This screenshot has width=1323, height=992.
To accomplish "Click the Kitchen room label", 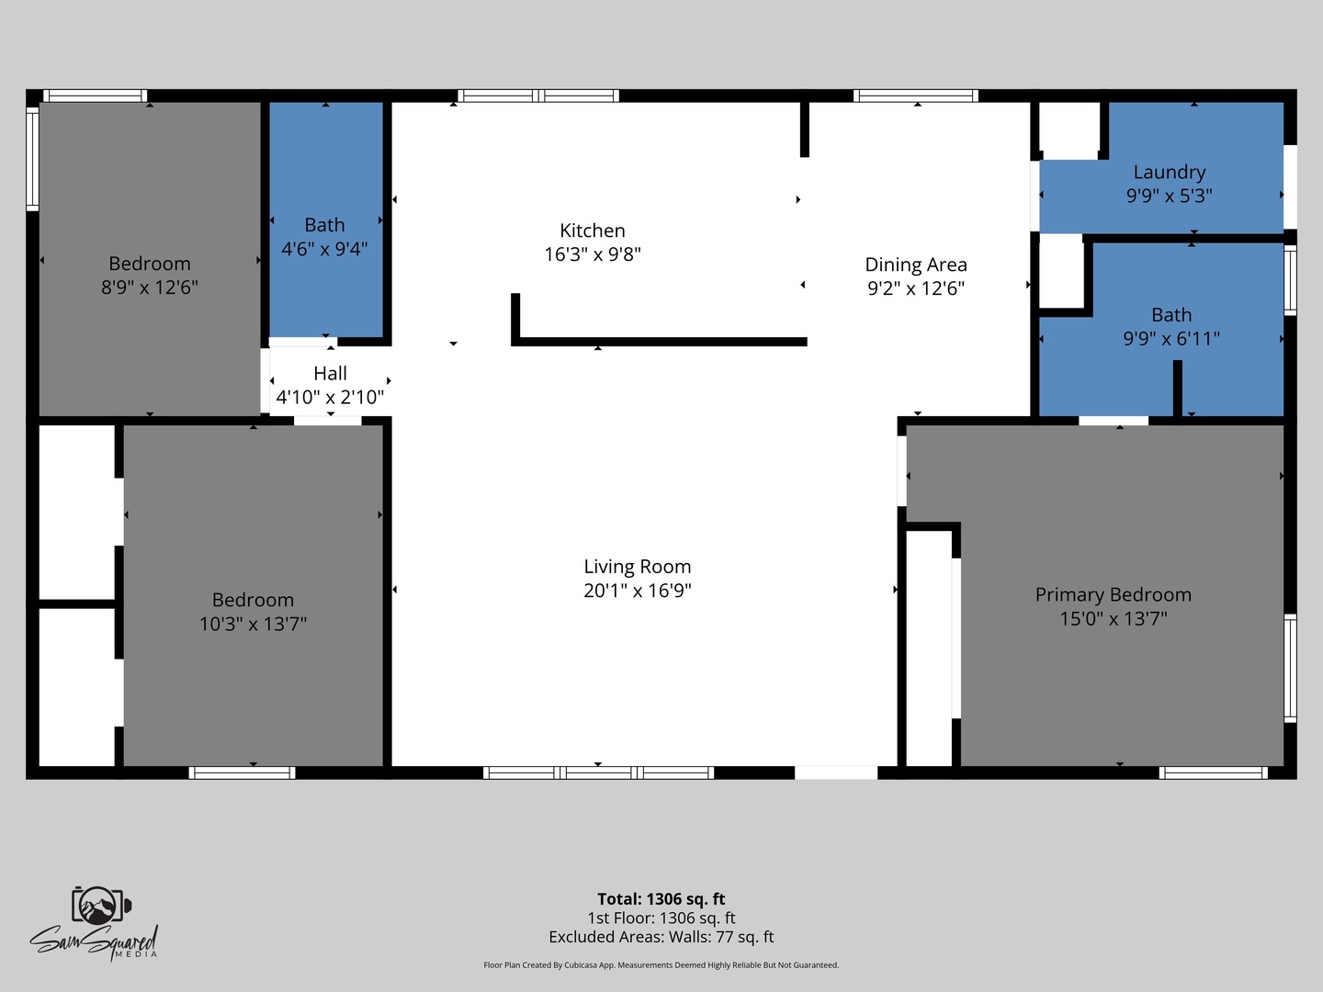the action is click(592, 231).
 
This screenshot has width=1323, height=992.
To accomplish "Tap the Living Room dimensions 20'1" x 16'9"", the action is click(637, 591).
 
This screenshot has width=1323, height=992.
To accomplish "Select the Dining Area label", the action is click(916, 265).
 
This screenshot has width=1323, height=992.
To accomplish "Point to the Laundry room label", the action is click(1170, 173).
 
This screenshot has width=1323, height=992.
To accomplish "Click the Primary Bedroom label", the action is click(1114, 595).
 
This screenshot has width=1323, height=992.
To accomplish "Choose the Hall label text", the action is click(330, 374).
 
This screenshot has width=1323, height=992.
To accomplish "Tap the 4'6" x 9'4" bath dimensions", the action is click(324, 249).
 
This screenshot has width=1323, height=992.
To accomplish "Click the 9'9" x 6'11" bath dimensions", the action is click(1171, 339).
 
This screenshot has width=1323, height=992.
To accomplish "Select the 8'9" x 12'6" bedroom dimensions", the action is click(150, 287).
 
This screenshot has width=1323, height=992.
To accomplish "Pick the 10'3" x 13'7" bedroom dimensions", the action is click(253, 624).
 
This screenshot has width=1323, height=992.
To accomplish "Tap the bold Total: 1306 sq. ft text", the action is click(661, 898).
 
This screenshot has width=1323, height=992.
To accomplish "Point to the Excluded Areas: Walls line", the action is click(661, 937).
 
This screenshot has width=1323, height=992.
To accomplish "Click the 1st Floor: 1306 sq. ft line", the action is click(661, 918).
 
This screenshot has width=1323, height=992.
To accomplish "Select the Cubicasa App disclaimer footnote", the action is click(661, 964).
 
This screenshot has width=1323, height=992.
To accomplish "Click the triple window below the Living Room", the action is click(598, 772).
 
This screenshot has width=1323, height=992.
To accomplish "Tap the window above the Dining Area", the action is click(916, 96).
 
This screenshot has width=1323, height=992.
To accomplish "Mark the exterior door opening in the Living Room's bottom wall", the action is click(836, 772).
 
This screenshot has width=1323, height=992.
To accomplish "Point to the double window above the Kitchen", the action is click(538, 96).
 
